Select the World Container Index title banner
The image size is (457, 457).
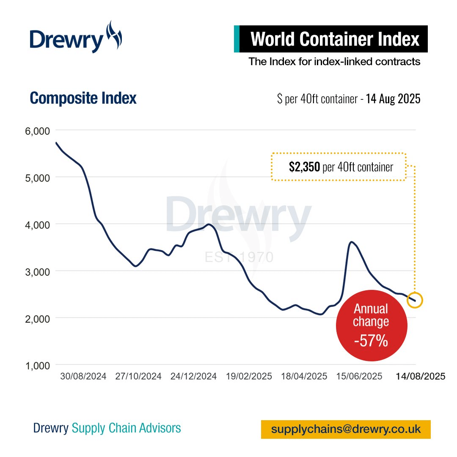click(334, 39)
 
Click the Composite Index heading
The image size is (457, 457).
click(83, 98)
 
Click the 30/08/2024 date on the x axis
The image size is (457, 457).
click(83, 376)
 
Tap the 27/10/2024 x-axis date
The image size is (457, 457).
click(138, 376)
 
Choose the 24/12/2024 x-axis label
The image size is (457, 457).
click(193, 376)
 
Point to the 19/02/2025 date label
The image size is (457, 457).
click(249, 376)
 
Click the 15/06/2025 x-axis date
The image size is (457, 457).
click(359, 376)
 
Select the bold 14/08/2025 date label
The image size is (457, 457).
click(421, 376)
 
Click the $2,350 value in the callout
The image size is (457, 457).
click(304, 167)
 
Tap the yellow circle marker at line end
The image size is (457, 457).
click(415, 300)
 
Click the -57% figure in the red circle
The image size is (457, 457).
click(371, 341)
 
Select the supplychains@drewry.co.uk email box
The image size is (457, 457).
click(346, 429)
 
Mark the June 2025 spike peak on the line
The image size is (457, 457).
click(351, 242)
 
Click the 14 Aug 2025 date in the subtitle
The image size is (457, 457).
click(393, 99)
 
